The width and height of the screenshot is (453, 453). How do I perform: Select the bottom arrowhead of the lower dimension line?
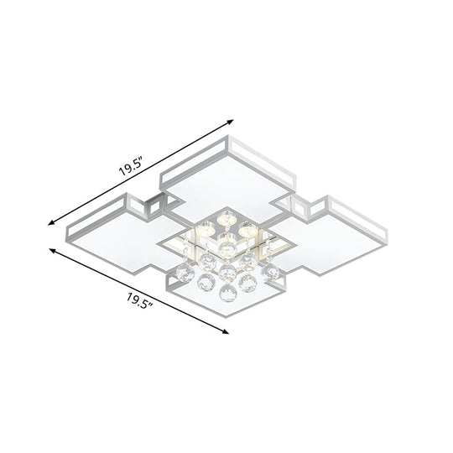[x=227, y=332]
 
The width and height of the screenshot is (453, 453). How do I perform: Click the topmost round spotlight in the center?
[x=226, y=217]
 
